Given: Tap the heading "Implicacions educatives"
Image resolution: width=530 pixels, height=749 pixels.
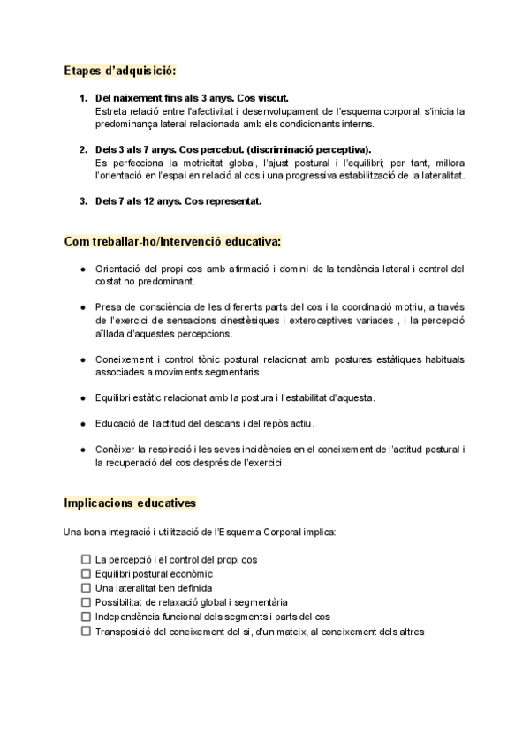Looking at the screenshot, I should (130, 503).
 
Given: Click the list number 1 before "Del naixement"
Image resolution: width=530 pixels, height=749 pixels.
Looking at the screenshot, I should (83, 98).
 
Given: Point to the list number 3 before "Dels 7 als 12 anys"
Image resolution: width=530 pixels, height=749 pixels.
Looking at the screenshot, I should (83, 200).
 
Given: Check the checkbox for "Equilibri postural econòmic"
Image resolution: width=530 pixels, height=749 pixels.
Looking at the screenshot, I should (86, 574).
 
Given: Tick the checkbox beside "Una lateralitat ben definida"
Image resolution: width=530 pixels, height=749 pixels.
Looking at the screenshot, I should (86, 588).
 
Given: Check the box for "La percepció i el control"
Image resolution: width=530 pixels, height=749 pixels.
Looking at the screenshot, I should (86, 560).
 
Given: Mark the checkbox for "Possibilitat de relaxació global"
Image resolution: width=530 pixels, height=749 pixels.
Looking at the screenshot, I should (86, 602).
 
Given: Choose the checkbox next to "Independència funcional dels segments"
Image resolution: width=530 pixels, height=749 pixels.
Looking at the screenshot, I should (86, 617).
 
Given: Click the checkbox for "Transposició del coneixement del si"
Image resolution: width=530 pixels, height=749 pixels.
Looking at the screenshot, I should (86, 632).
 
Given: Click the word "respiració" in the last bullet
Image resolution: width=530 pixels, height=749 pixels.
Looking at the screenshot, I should (169, 450).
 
